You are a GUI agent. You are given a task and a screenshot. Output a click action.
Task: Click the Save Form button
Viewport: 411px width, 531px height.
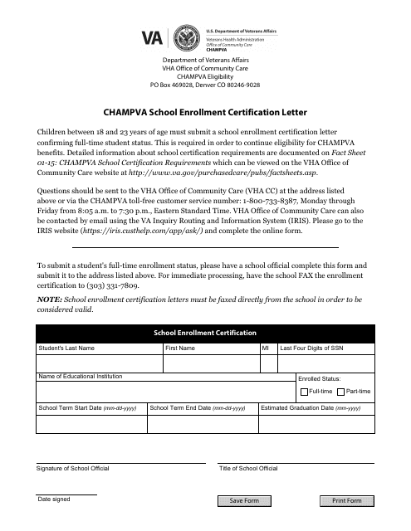tap(244, 501)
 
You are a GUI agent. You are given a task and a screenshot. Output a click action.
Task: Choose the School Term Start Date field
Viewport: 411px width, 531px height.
tap(90, 424)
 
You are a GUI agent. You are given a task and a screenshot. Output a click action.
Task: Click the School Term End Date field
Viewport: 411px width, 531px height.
tap(202, 424)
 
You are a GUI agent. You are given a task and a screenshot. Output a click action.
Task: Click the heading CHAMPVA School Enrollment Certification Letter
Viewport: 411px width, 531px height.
tap(205, 109)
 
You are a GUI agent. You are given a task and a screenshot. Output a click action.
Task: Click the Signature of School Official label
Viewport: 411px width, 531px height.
tap(72, 469)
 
